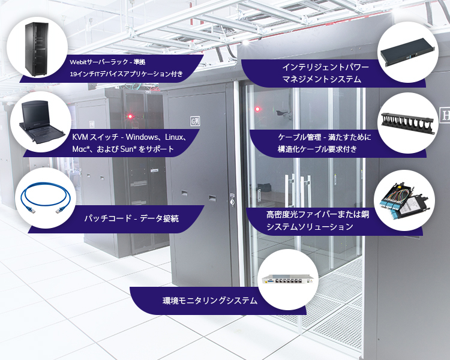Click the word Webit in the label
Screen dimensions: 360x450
click(x=78, y=62)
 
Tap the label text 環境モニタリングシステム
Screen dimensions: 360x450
click(x=210, y=301)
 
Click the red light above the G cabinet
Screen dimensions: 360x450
click(x=130, y=115)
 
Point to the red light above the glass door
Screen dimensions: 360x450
click(x=258, y=110)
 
